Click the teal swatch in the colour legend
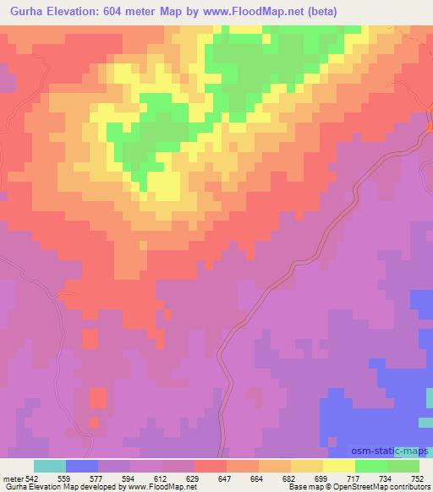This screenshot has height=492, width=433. click(x=50, y=466)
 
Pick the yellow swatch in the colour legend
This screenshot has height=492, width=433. click(x=339, y=466)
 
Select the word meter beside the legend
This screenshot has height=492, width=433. click(x=13, y=478)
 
